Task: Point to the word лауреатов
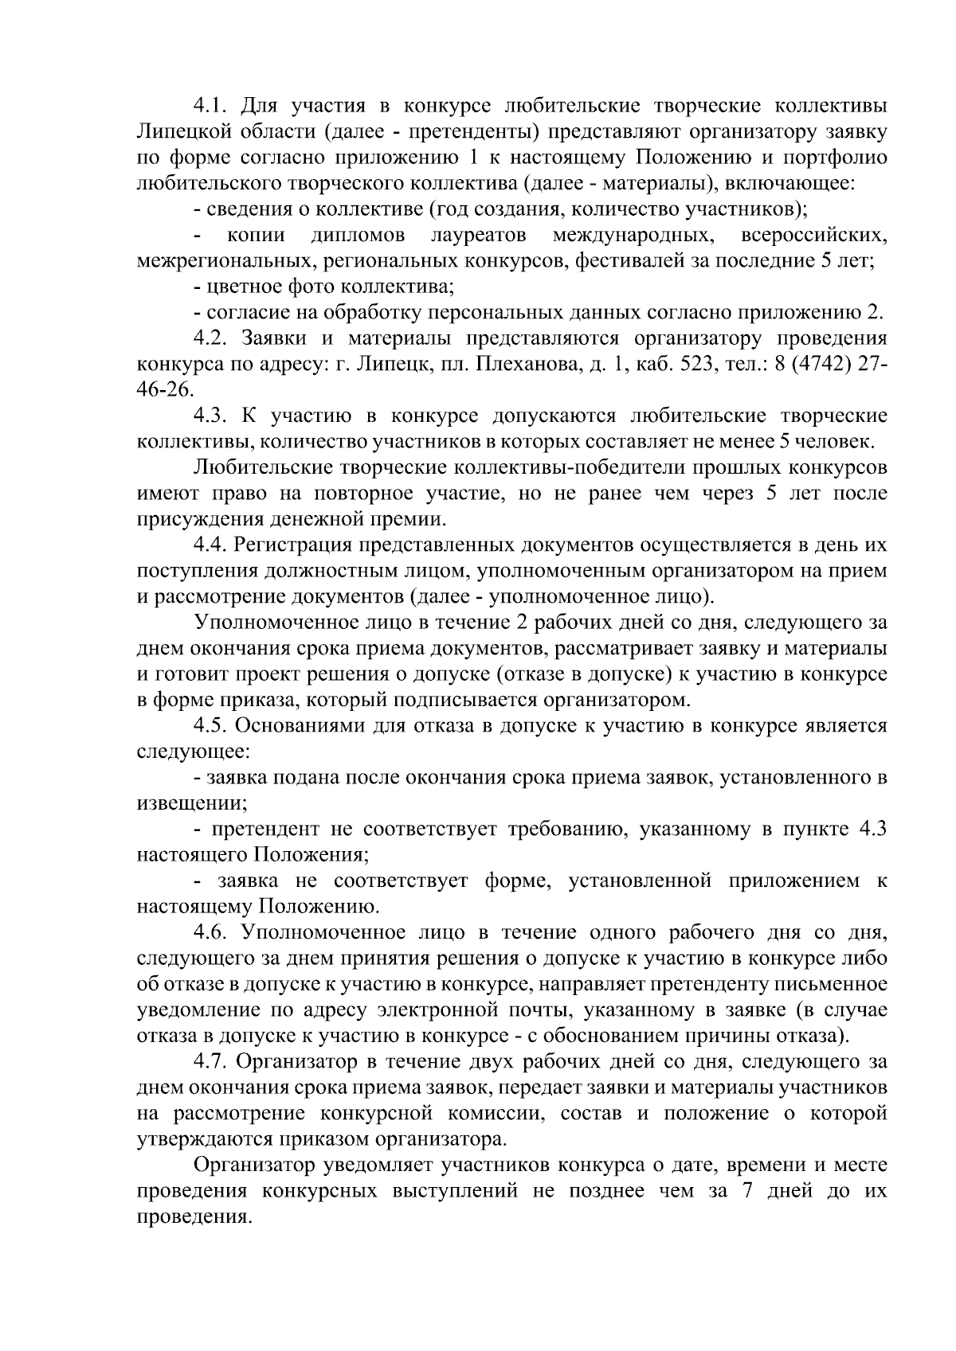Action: click(477, 236)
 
